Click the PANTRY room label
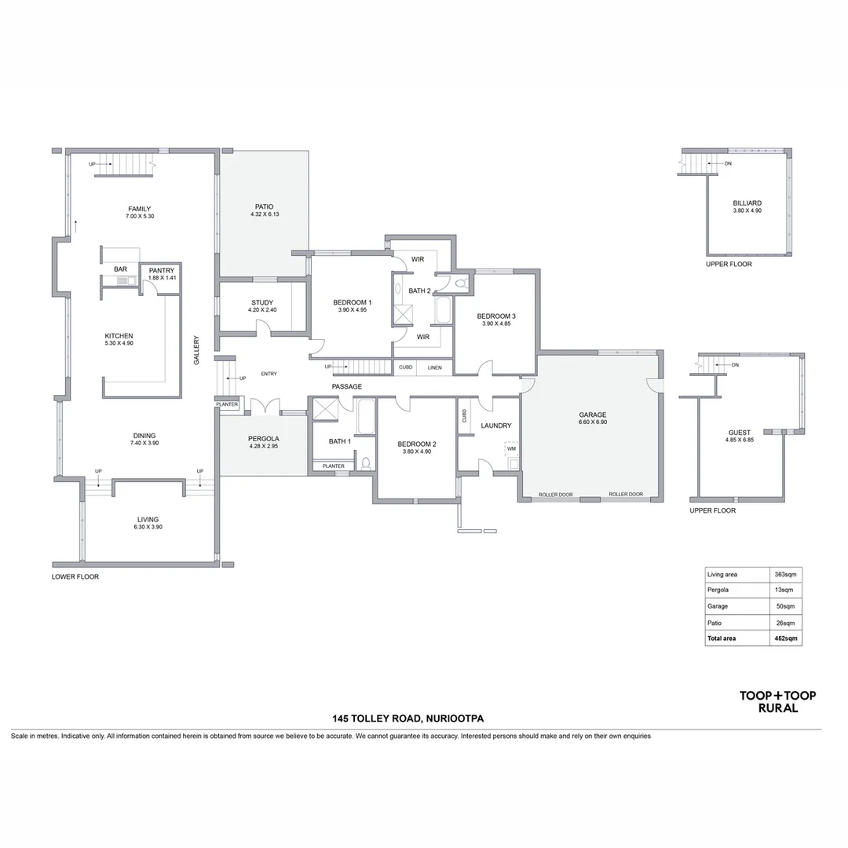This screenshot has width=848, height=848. click(x=162, y=270)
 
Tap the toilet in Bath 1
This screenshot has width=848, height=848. click(x=366, y=463)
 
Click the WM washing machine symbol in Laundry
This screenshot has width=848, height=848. click(x=512, y=449)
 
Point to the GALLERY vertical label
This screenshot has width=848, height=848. click(x=196, y=350)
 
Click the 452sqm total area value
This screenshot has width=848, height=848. click(x=786, y=638)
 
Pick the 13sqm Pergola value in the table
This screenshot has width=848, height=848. click(x=784, y=590)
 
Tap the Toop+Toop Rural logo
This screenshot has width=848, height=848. click(x=777, y=701)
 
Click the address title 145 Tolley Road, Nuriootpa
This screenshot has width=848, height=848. click(x=408, y=718)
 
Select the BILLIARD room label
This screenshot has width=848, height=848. click(x=747, y=203)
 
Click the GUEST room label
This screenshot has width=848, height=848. click(x=740, y=433)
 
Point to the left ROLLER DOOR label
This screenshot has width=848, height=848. click(x=555, y=495)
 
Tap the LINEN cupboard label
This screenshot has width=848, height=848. click(x=435, y=367)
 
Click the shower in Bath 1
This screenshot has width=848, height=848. click(x=326, y=409)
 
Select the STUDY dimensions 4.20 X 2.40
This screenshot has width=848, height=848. click(x=262, y=310)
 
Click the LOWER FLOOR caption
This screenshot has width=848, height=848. click(x=75, y=577)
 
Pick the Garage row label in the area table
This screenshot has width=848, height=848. click(x=718, y=606)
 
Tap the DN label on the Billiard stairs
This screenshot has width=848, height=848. click(x=728, y=163)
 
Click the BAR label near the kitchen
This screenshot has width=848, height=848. click(x=121, y=269)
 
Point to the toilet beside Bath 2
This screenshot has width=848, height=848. click(x=462, y=283)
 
